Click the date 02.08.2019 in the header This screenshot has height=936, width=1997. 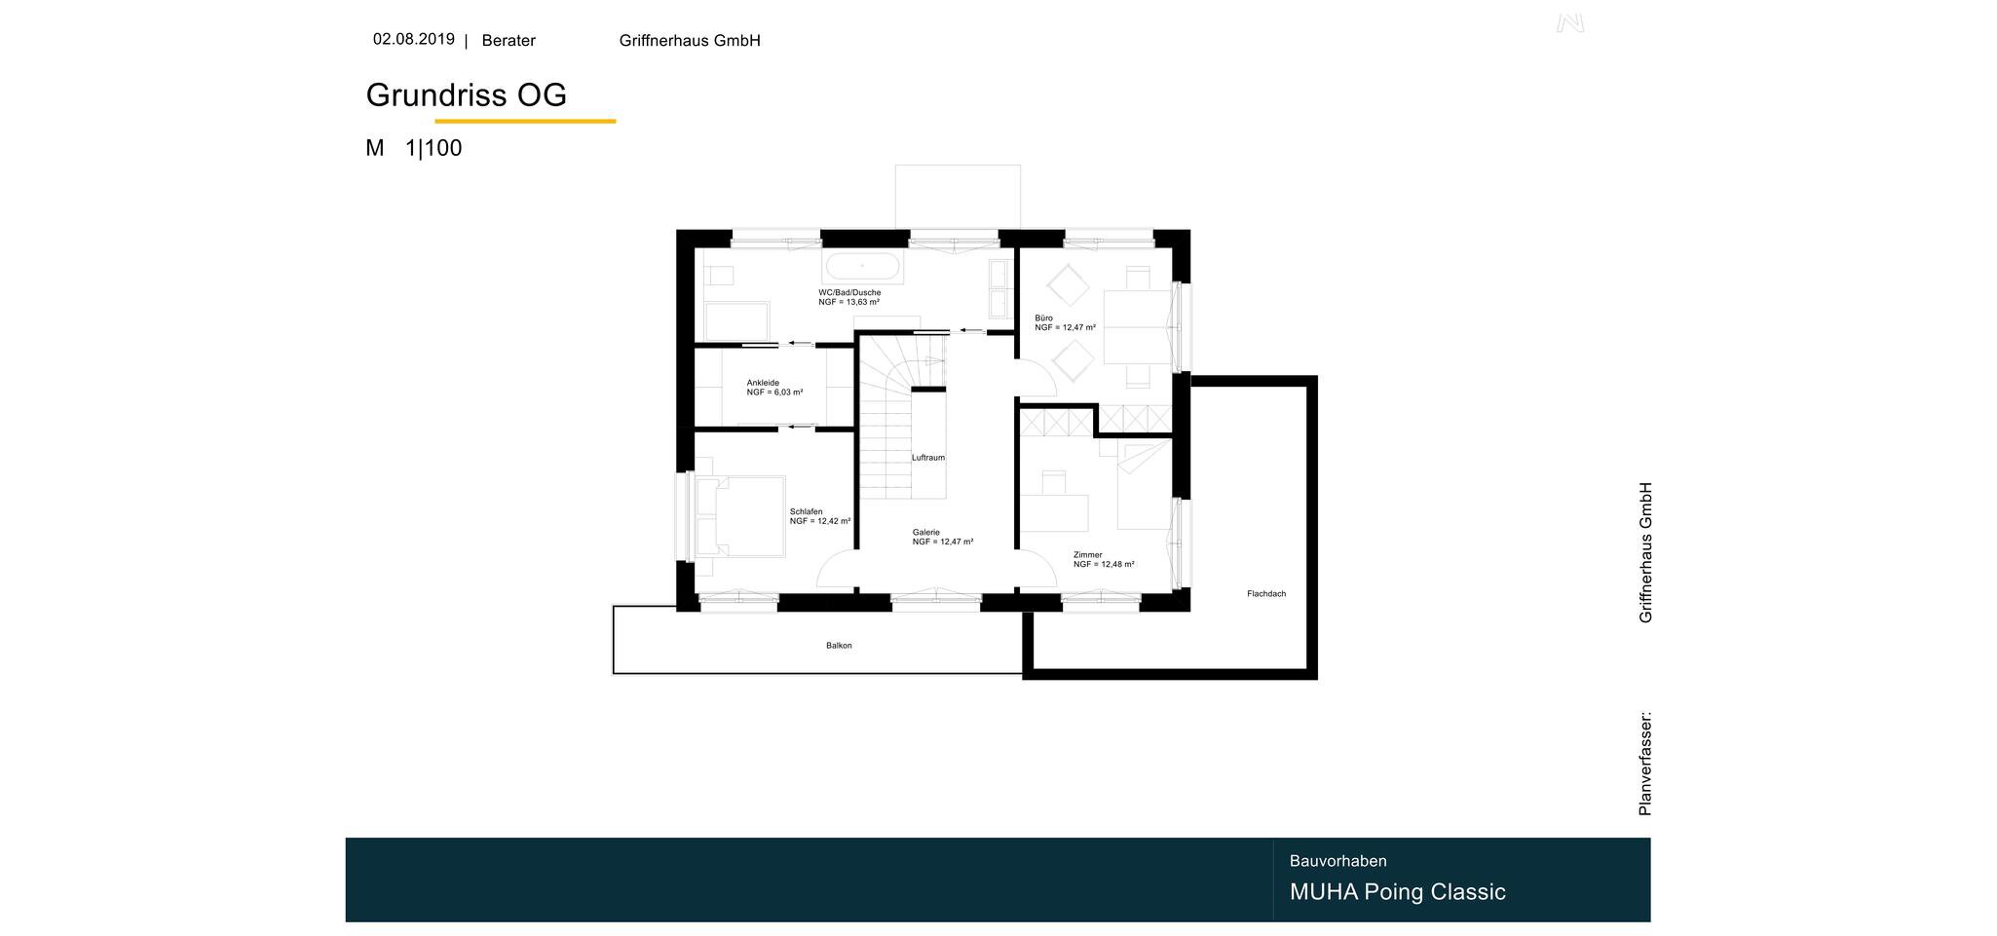coord(413,40)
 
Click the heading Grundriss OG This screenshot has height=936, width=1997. coord(466,95)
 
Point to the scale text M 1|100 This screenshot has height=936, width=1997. coord(413,148)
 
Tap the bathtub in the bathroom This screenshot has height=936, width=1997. coord(862,266)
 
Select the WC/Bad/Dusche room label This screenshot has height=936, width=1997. coord(849,297)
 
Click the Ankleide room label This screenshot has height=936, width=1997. coord(774,388)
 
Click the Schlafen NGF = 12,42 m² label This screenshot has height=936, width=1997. coord(820,516)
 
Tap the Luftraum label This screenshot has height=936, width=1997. coord(928,458)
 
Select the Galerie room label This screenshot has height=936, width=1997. coord(943,537)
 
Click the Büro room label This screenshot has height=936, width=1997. coord(1065,322)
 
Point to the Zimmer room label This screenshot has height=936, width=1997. coord(1104,559)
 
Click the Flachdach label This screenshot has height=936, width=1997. coord(1266,594)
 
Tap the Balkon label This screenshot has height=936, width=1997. coord(839,646)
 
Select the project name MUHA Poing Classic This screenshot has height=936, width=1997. coord(1397,892)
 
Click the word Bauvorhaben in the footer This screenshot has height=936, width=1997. coord(1338,861)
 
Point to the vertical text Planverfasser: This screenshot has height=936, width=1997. coord(1645,764)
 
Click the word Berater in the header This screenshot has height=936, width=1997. coord(509,41)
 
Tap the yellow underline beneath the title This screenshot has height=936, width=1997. coord(525,121)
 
